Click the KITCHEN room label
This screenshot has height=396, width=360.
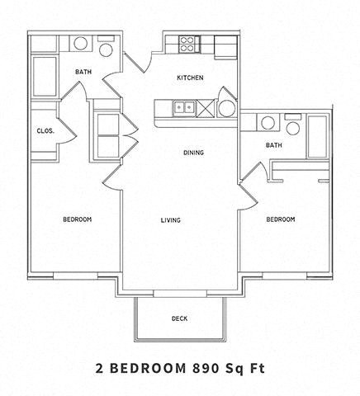click(190, 78)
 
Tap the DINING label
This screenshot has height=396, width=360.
click(194, 153)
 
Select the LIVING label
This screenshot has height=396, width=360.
click(171, 219)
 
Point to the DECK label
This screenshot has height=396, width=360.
click(179, 318)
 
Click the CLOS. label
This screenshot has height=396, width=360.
click(45, 130)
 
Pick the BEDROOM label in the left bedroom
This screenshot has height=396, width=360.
click(77, 219)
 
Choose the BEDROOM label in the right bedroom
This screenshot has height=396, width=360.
click(281, 219)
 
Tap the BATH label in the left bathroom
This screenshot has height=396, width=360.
click(83, 72)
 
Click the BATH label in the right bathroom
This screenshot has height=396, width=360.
click(274, 145)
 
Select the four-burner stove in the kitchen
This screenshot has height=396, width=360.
click(186, 43)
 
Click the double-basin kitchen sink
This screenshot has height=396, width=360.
click(183, 106)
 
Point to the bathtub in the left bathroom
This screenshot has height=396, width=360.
click(45, 76)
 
